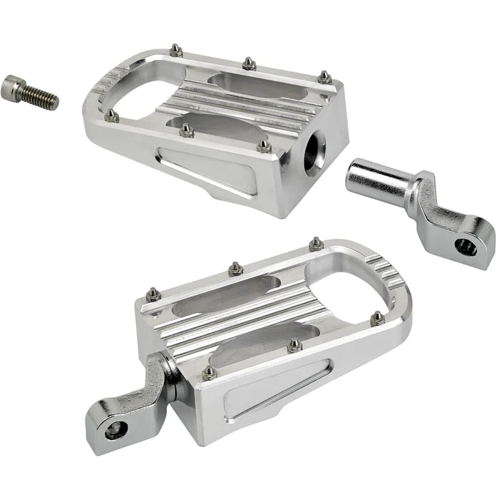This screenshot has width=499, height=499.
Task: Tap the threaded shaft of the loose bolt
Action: pyautogui.click(x=42, y=98)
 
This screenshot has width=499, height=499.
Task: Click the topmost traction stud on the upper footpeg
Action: pyautogui.click(x=175, y=50)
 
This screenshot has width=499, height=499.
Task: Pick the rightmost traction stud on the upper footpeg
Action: pyautogui.click(x=324, y=76)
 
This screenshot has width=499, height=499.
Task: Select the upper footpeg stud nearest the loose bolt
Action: pyautogui.click(x=111, y=115)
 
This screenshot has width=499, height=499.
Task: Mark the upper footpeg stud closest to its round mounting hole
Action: pyautogui.click(x=264, y=146)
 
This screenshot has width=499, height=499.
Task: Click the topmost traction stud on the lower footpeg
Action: pyautogui.click(x=316, y=244)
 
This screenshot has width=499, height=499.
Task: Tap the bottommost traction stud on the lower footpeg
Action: pyautogui.click(x=209, y=372)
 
